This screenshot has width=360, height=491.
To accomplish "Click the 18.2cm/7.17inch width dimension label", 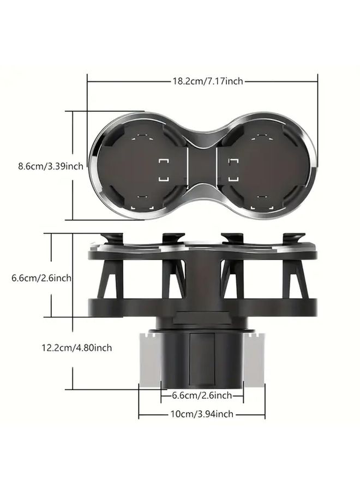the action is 208,81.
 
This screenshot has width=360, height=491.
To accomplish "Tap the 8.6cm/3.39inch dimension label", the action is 51,166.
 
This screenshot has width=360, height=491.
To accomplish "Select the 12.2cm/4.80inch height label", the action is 77,348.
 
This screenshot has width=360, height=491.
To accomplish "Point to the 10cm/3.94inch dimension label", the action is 202,414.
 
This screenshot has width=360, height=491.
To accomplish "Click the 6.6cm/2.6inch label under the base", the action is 202,395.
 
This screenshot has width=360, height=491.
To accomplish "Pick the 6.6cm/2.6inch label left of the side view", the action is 41,278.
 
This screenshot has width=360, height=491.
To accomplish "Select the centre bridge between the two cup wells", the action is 202,165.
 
